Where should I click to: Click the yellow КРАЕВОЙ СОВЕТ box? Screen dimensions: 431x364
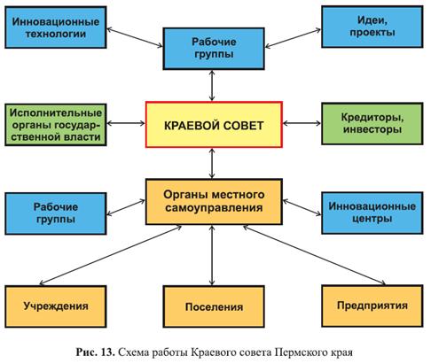tap(214, 125)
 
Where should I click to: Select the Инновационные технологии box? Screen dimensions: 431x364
tap(56, 27)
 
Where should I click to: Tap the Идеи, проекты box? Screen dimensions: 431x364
tap(372, 27)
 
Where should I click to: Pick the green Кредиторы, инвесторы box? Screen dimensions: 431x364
tap(372, 123)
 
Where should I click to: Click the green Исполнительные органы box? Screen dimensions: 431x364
tap(56, 125)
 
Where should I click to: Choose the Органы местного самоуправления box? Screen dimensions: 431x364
tap(214, 202)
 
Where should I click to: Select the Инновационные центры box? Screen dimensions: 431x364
tap(372, 213)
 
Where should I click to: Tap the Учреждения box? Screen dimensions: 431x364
tap(56, 306)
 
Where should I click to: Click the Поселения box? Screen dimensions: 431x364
tap(214, 306)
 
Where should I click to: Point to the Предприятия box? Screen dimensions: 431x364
tap(372, 306)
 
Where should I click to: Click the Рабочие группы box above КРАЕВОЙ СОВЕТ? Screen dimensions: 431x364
tap(214, 49)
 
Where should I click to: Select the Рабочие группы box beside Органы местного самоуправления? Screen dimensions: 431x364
tap(56, 213)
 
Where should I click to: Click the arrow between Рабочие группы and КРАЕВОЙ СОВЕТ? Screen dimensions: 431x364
tap(212, 86)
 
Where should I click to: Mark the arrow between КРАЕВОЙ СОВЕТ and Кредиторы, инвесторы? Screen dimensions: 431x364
tap(302, 123)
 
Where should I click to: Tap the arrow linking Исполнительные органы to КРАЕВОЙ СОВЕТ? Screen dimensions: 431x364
tap(126, 123)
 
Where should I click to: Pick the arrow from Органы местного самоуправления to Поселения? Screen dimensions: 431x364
tap(212, 255)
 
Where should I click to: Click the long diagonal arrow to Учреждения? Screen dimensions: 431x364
tap(110, 255)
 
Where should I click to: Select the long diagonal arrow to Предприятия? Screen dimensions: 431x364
tap(314, 255)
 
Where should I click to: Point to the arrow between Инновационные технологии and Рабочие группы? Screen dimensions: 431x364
tap(135, 37)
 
